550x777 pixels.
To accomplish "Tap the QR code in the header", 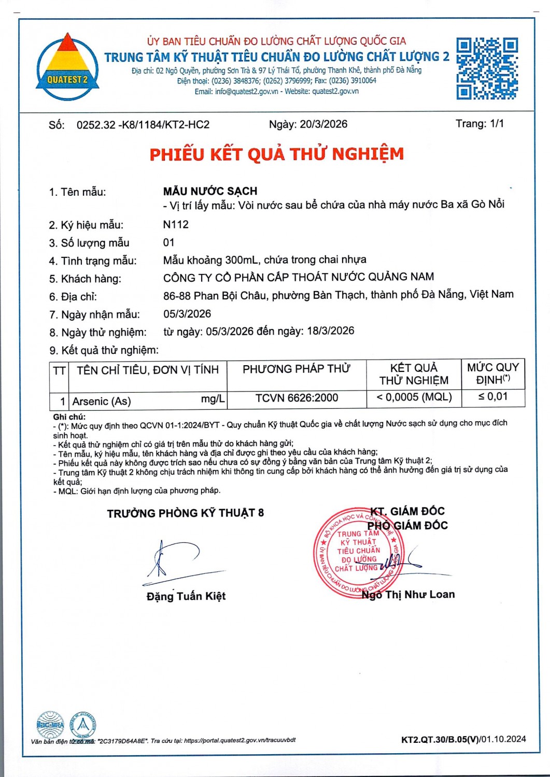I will coord(487,68).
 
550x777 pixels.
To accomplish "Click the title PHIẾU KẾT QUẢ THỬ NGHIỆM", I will coord(276,154).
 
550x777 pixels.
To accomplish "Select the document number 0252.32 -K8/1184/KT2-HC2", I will coord(143,125).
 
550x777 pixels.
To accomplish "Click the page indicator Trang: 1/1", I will coord(480,124).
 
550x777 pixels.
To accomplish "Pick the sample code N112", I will coord(176,225).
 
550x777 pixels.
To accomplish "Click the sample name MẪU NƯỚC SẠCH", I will coord(210,191).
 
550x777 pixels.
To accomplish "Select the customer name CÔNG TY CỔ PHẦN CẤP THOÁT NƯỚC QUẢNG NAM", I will coord(299,277).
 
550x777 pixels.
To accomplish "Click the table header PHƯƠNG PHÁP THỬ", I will coord(297,369).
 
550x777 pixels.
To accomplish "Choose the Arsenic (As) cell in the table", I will coord(102,401).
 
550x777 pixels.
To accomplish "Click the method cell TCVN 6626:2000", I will coord(297,398).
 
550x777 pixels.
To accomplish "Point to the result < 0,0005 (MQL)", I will coord(414,397).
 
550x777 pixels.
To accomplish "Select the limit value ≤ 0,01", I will coord(492,397).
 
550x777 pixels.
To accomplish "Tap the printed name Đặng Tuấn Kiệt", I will coord(186,596).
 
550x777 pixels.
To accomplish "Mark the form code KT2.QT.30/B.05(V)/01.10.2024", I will coord(463,739).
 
